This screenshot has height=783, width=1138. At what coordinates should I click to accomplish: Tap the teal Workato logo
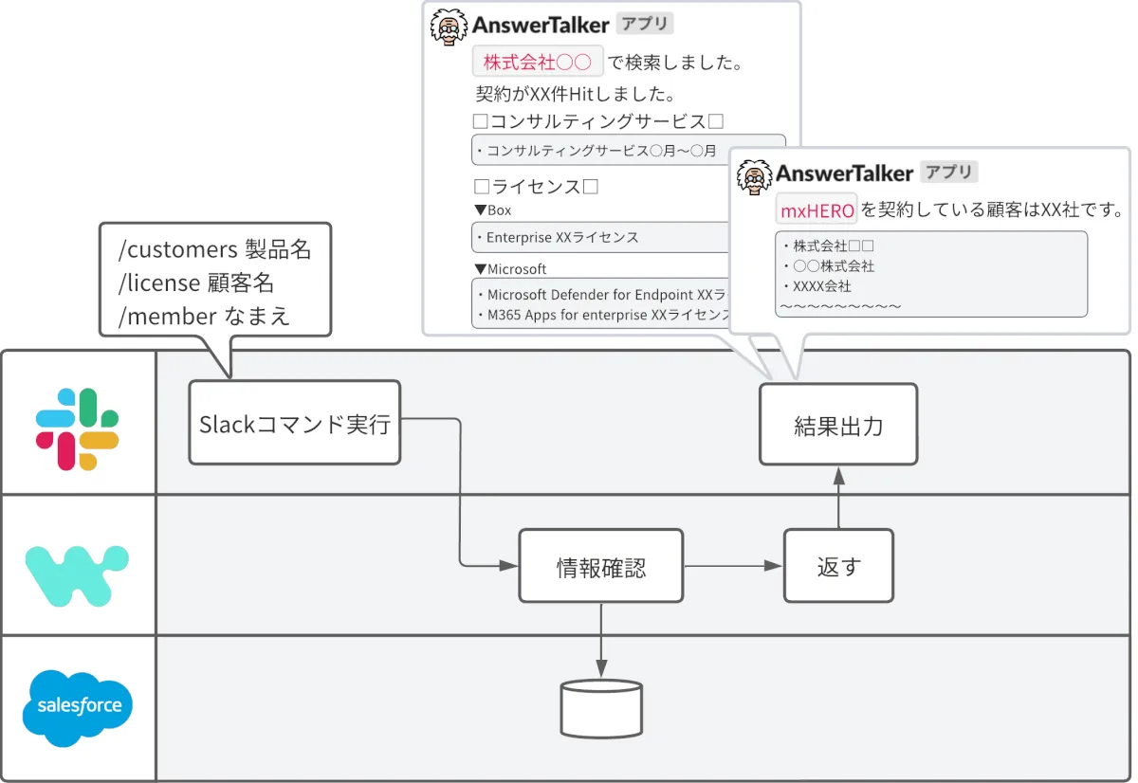point(77,573)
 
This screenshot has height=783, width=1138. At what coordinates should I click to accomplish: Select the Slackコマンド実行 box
point(294,423)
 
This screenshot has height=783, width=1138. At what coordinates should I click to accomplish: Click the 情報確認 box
point(600,566)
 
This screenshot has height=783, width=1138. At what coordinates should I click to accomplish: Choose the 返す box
point(838,566)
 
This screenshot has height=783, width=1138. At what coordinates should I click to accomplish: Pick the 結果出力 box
point(838,424)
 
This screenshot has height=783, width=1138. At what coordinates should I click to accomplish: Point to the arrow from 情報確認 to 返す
point(732,566)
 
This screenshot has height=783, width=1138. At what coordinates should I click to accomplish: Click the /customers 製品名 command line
point(214,249)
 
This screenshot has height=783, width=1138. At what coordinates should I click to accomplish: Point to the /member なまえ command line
point(204,316)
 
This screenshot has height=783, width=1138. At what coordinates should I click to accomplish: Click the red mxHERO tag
point(817,209)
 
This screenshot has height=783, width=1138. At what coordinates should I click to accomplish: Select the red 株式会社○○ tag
point(537,63)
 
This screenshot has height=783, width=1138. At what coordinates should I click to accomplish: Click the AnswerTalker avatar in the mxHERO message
point(756,177)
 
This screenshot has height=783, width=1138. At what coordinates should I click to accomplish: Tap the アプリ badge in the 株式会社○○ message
point(644,24)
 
